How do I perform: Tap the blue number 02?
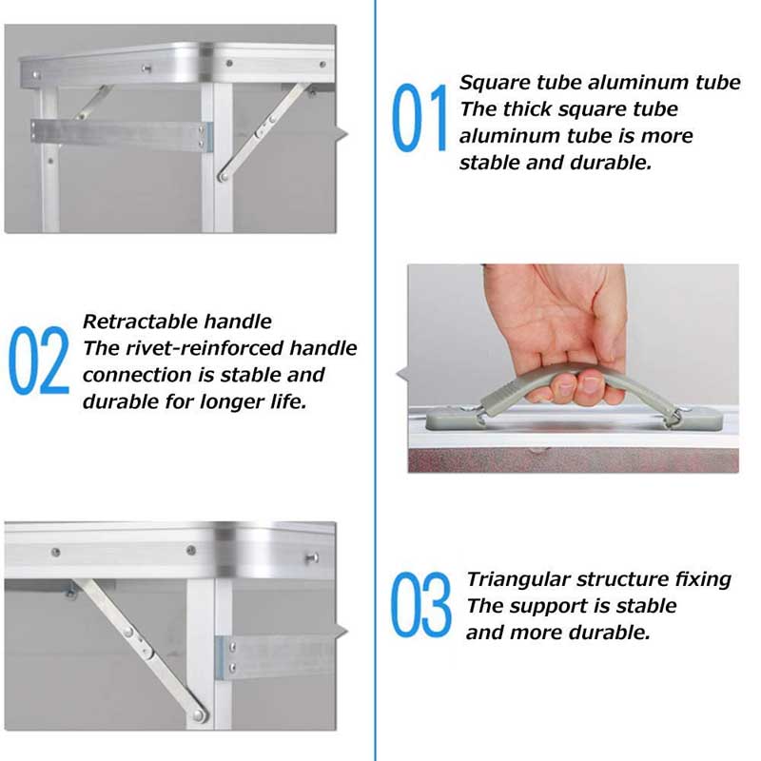(x=39, y=361)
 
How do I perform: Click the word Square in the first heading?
(x=493, y=83)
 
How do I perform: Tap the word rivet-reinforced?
(x=197, y=348)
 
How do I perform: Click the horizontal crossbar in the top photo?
(x=119, y=134)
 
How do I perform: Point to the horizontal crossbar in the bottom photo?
(x=281, y=654)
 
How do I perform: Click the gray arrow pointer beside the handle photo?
(x=402, y=370)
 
